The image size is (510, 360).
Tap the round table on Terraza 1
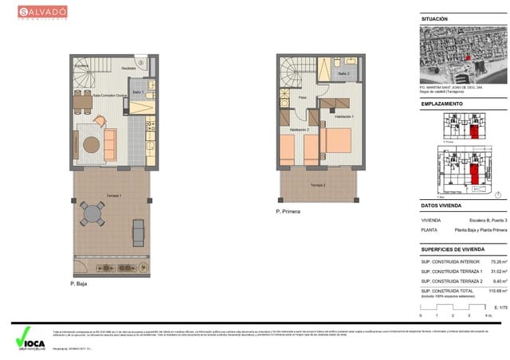[93, 213]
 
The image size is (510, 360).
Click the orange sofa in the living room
[109, 142]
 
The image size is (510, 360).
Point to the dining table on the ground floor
[80, 102]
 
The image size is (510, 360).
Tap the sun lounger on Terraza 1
[136, 233]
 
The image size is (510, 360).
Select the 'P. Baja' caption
[78, 283]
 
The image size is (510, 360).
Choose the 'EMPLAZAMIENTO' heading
[441, 104]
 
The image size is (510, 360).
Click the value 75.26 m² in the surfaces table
[497, 260]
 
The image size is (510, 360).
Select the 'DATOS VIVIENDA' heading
[441, 206]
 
